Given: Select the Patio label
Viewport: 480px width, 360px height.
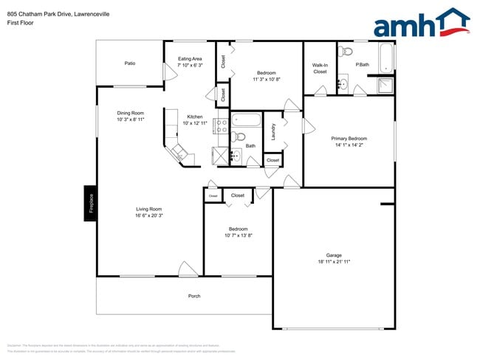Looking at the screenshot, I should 129,63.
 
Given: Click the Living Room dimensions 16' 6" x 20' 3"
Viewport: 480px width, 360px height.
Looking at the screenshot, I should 148,216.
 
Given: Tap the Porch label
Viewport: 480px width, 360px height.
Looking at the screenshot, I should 194,296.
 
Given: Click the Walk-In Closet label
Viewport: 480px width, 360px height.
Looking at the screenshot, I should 320,68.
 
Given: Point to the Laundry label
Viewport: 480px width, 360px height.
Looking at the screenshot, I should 273,131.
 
